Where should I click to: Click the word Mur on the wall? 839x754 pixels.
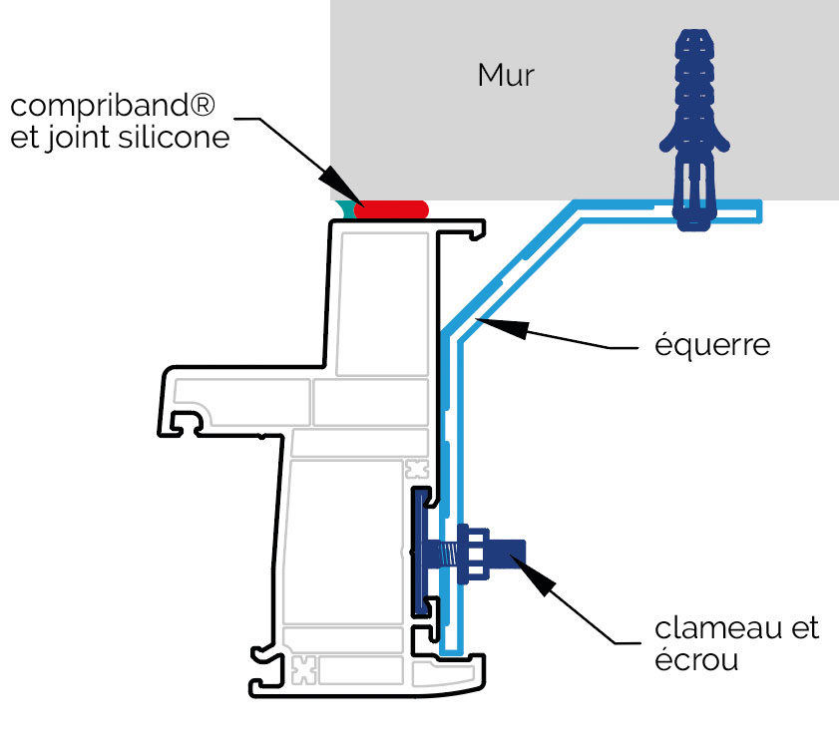click(x=506, y=76)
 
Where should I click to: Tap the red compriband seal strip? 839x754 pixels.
click(x=391, y=210)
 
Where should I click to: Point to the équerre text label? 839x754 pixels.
click(x=713, y=346)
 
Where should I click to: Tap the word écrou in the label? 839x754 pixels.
click(x=696, y=659)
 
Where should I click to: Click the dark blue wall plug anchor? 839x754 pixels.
click(x=695, y=130)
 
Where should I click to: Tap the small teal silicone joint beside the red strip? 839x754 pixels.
click(x=346, y=209)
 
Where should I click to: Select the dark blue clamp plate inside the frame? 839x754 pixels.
click(x=417, y=554)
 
